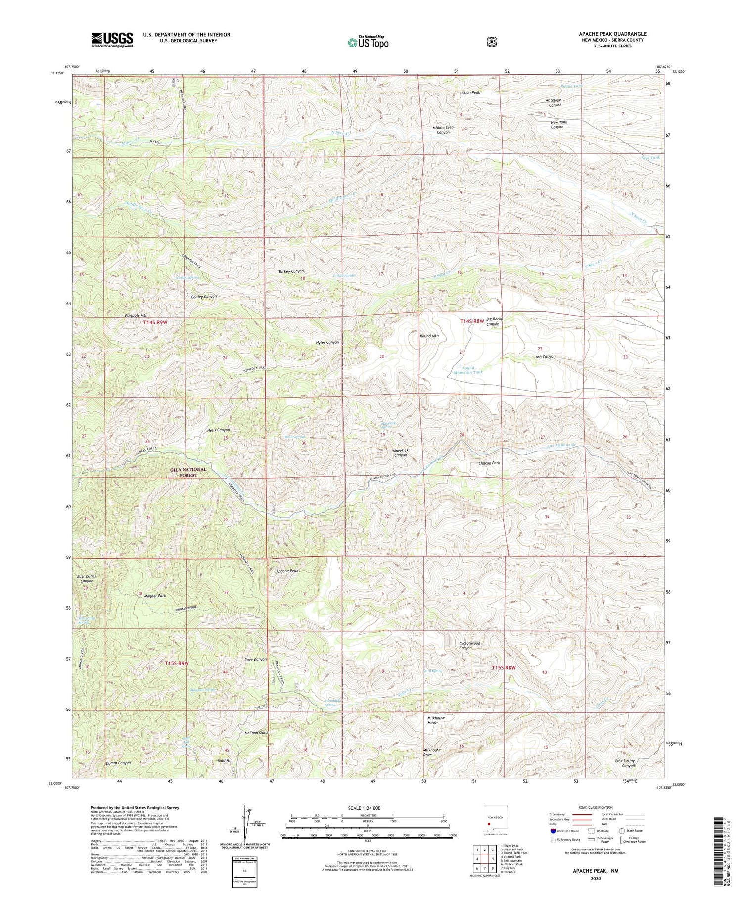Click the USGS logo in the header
point(112,40)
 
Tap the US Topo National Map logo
point(368,42)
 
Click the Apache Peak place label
point(287,571)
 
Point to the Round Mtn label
point(429,336)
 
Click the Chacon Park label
point(489,463)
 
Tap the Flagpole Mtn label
point(136,315)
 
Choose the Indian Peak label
point(470,93)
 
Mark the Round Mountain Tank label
point(461,370)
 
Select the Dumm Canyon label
point(118,763)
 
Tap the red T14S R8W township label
point(471,321)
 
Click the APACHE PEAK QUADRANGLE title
point(613,34)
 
